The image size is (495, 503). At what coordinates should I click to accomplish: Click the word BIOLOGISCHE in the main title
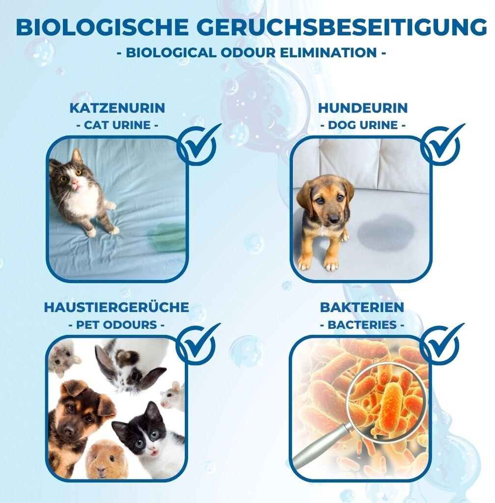click(102, 27)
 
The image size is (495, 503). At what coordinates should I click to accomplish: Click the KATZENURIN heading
click(117, 108)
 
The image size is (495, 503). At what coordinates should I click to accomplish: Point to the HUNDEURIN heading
click(362, 108)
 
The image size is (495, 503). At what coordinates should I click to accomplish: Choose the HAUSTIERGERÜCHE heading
click(116, 307)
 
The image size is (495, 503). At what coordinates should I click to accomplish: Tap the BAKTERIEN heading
click(362, 307)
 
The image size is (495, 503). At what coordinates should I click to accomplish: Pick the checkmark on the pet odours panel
click(198, 343)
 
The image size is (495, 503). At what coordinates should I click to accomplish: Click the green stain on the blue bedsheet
click(166, 238)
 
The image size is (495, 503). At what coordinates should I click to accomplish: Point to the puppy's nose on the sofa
click(333, 219)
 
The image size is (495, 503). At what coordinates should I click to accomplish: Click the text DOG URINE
click(362, 125)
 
